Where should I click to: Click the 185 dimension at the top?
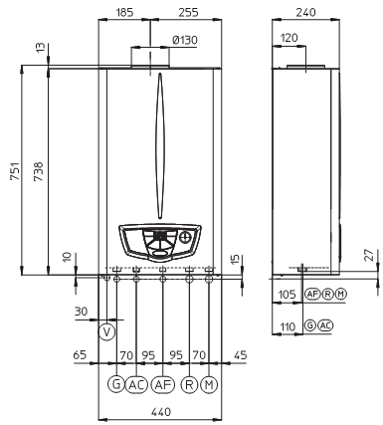[x=124, y=13]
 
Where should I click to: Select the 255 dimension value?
[x=188, y=13]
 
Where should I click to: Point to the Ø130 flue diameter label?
[x=185, y=41]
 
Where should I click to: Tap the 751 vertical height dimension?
[x=15, y=171]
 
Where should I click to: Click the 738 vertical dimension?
[x=39, y=171]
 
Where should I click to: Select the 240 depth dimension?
[x=305, y=13]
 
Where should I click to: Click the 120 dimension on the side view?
[x=288, y=38]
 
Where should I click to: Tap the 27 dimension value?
[x=370, y=255]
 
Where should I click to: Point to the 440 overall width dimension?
[x=161, y=412]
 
